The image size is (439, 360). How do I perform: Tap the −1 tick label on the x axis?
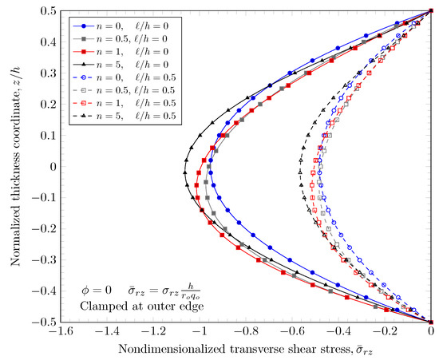[x=201, y=333]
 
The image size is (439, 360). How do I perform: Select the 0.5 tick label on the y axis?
[x=47, y=11]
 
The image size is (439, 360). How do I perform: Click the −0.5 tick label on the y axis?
[x=43, y=322]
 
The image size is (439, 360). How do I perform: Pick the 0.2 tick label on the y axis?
[x=47, y=105]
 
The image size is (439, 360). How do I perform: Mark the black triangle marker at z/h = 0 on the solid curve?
[x=184, y=167]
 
